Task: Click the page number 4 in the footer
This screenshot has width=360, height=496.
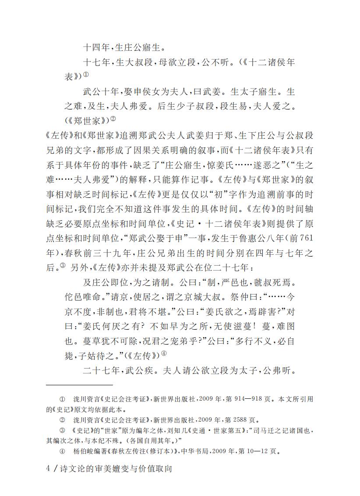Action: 48,468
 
